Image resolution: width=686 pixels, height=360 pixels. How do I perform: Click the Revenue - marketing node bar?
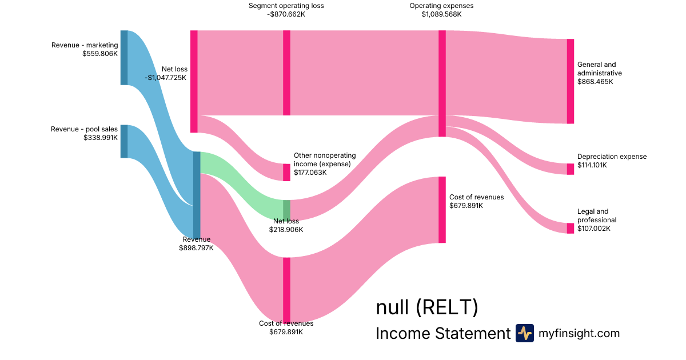[x=123, y=57]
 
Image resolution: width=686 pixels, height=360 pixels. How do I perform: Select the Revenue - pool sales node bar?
[x=123, y=141]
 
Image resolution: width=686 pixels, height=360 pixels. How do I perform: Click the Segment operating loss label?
[x=286, y=6]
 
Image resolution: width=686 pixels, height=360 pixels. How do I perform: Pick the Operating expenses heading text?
[x=441, y=6]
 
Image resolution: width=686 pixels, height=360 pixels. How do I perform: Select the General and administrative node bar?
[x=570, y=81]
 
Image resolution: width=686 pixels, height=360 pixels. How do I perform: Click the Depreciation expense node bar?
[x=570, y=169]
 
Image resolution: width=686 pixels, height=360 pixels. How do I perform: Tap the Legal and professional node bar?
[x=570, y=228]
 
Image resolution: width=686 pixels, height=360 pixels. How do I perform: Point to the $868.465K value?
[x=595, y=82]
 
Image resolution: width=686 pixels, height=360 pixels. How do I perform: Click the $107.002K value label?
[x=594, y=229]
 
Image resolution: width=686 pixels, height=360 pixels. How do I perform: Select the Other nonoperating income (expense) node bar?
[x=286, y=172]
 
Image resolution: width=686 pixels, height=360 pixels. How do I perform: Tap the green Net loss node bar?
[x=286, y=210]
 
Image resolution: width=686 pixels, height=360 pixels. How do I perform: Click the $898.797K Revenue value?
[x=196, y=248]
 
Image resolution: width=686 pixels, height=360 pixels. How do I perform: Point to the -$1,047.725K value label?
[x=166, y=78]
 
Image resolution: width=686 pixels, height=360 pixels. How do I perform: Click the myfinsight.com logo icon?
[x=524, y=333]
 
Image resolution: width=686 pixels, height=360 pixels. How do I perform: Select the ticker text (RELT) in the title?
[x=446, y=307]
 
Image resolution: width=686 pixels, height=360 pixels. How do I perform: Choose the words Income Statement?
[x=442, y=334]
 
